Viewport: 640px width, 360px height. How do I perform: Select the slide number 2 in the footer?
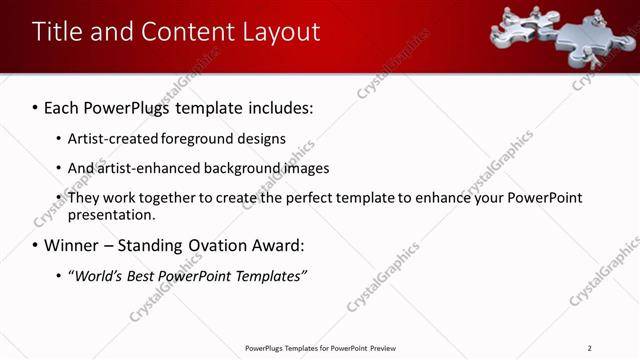point(590,348)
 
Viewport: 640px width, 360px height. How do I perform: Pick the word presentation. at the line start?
point(111,214)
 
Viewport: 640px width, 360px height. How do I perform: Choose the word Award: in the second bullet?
point(277,245)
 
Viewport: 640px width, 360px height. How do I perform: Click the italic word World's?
point(95,276)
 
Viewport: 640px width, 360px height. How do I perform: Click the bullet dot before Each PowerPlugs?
point(35,106)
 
